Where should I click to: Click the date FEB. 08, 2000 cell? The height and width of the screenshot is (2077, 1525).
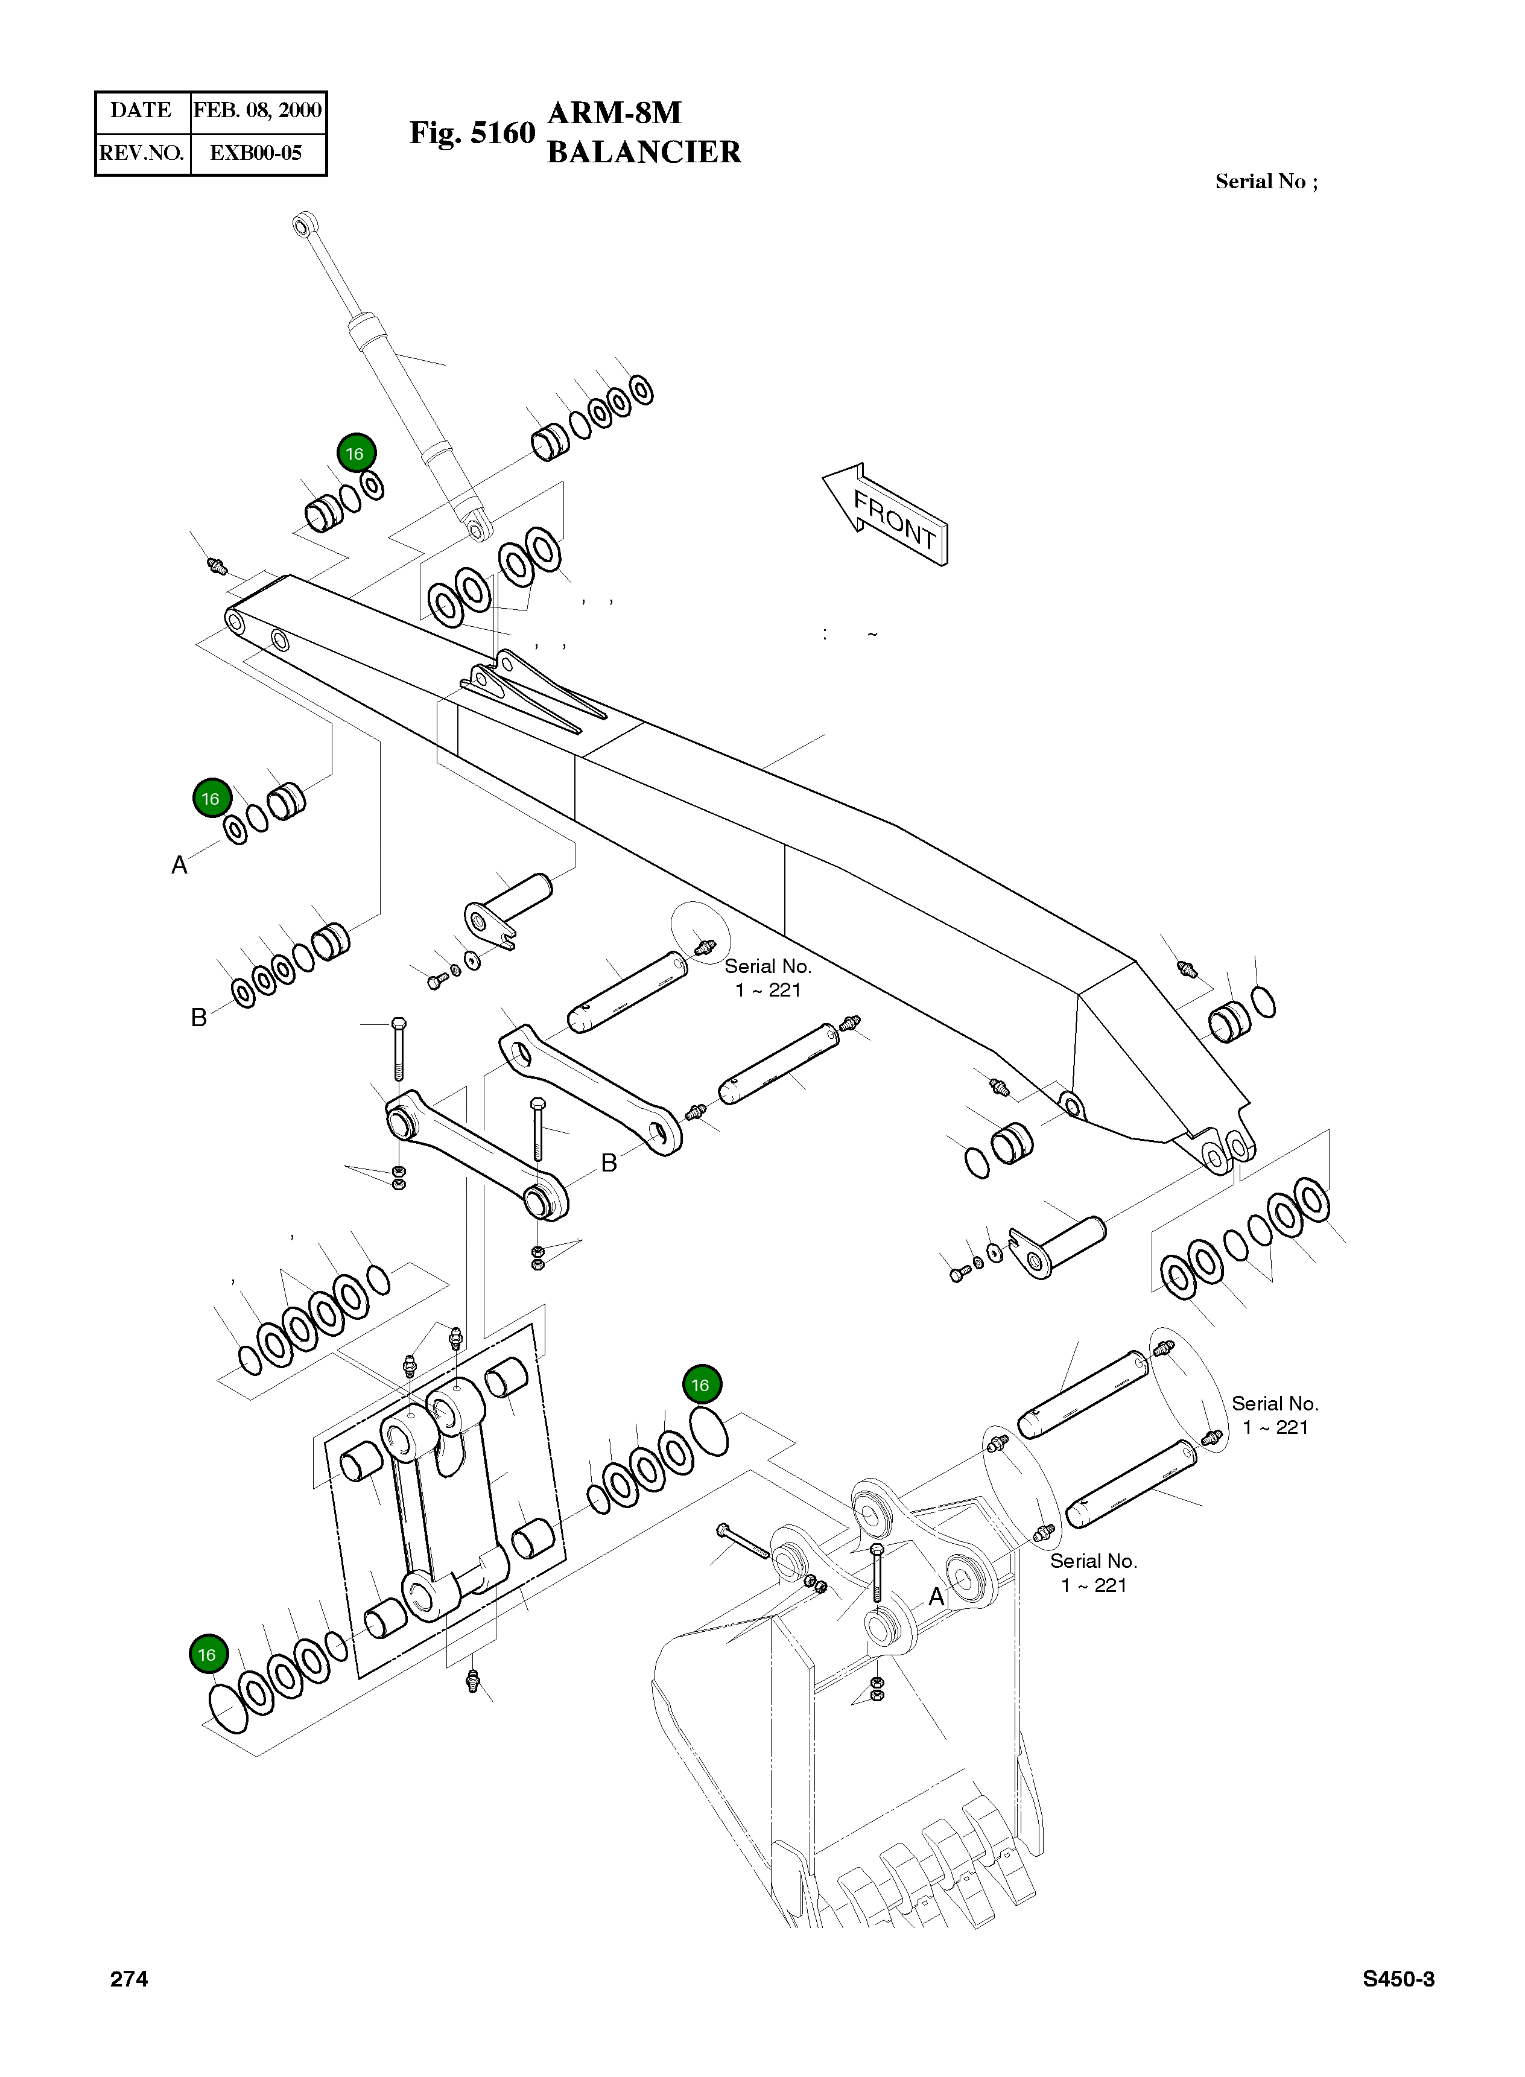point(258,111)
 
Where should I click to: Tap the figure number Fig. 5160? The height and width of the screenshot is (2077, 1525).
point(472,133)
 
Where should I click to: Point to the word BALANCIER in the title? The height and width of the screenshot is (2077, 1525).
point(644,152)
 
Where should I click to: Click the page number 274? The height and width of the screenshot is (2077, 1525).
point(129,1978)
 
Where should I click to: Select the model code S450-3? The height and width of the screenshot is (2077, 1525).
point(1398,1978)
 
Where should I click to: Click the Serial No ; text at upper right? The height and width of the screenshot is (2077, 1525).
point(1266,182)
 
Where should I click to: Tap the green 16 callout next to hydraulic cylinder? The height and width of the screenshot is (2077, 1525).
point(355,453)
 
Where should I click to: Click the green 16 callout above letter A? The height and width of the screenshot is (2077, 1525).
point(211,799)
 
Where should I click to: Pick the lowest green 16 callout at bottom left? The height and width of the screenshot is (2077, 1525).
point(207,1654)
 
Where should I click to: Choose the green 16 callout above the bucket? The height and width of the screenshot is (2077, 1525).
point(702,1384)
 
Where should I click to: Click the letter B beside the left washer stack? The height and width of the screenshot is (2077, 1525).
point(198,1017)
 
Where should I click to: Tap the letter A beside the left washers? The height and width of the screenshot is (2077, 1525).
point(180,865)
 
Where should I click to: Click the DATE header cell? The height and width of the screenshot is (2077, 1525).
point(141,111)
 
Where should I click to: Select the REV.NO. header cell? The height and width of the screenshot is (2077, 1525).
point(141,153)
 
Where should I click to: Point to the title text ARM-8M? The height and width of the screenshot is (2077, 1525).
point(615,113)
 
